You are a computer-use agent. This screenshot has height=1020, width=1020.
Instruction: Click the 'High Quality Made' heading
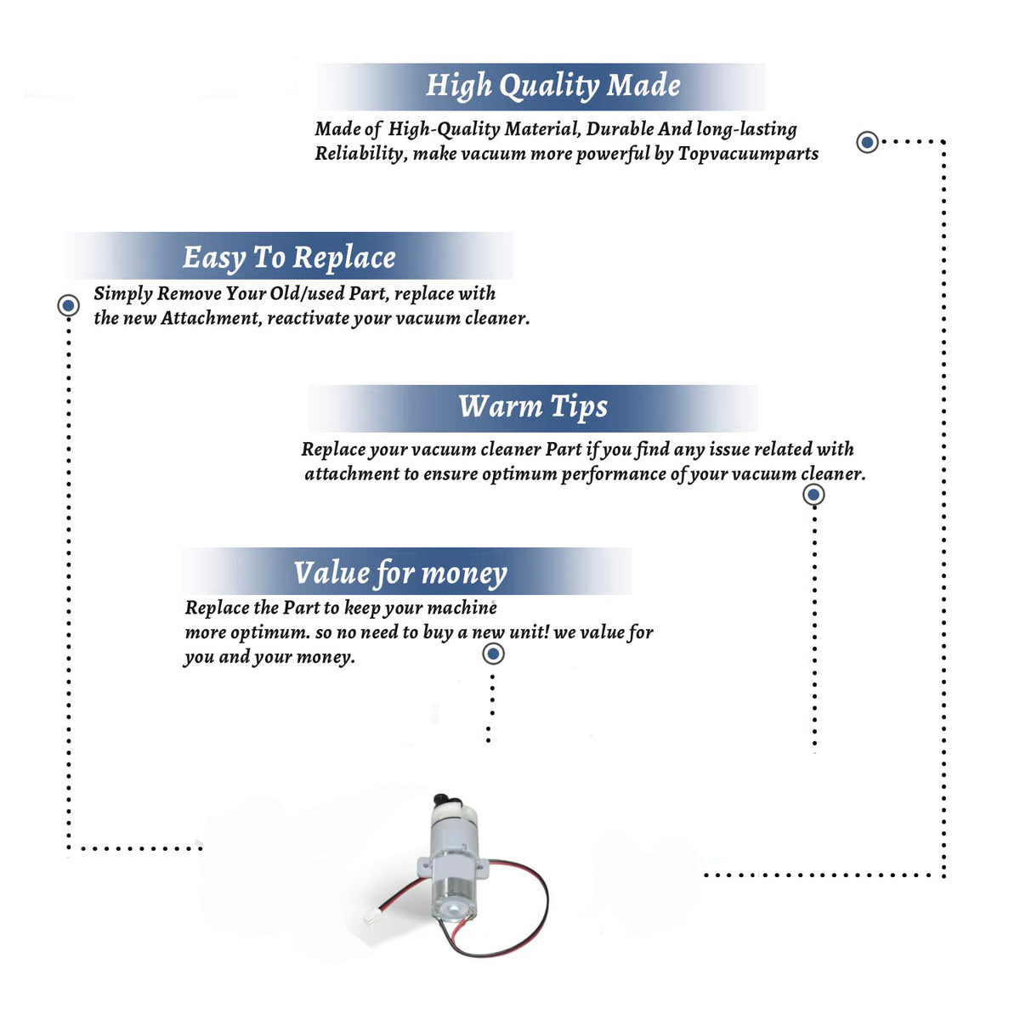tap(552, 86)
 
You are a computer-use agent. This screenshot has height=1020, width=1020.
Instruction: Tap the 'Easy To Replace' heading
tap(289, 258)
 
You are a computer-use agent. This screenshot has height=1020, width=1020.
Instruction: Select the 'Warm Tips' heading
tap(532, 408)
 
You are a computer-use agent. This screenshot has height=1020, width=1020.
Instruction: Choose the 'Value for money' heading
tap(400, 574)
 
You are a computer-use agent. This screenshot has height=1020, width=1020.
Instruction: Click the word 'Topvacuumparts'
tap(748, 154)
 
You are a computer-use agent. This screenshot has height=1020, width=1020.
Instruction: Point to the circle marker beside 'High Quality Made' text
tap(867, 142)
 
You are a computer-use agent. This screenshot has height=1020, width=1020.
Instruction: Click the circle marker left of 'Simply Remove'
tap(68, 305)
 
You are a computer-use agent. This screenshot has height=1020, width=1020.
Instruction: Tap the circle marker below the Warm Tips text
tap(813, 495)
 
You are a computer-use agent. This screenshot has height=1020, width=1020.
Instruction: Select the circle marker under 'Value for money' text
tap(493, 654)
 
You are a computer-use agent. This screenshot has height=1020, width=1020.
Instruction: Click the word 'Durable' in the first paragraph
tap(620, 129)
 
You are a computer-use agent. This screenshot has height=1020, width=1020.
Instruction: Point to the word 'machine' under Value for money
tap(462, 609)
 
